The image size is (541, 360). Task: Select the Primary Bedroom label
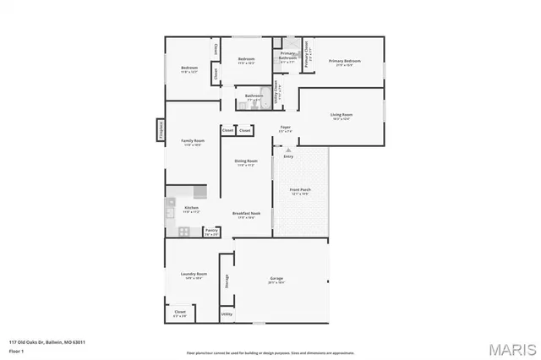[345, 62]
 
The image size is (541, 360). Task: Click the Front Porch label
[300, 190]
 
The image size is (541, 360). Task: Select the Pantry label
[211, 230]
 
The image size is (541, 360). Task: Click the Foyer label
[286, 128]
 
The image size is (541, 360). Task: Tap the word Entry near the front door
[288, 156]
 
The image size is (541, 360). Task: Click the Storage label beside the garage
[227, 281]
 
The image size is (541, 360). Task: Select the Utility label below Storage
[226, 314]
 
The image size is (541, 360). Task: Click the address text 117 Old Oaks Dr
[46, 341]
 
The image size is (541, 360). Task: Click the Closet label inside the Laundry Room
[180, 312]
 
